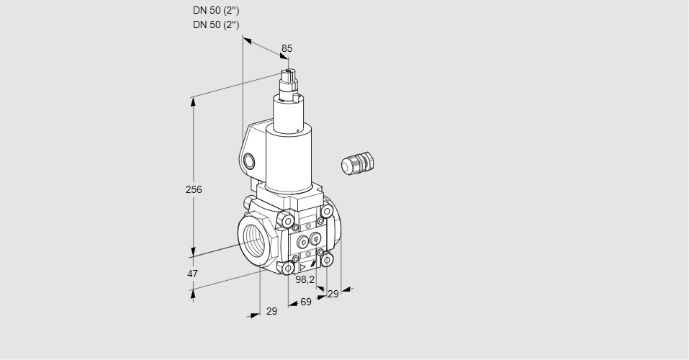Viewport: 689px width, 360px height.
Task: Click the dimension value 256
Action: pyautogui.click(x=193, y=190)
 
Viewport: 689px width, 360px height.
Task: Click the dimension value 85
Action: pyautogui.click(x=287, y=48)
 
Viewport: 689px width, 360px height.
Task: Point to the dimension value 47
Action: pyautogui.click(x=192, y=274)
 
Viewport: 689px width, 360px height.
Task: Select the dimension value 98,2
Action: pyautogui.click(x=306, y=279)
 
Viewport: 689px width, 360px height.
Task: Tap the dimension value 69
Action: pyautogui.click(x=305, y=302)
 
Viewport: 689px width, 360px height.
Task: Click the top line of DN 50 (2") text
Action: pyautogui.click(x=216, y=10)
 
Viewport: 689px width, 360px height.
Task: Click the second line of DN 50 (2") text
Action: pyautogui.click(x=216, y=24)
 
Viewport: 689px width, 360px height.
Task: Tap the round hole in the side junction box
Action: pyautogui.click(x=249, y=160)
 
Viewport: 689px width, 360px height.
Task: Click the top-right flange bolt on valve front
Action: pyautogui.click(x=327, y=211)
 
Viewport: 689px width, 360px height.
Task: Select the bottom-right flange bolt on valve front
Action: pyautogui.click(x=327, y=259)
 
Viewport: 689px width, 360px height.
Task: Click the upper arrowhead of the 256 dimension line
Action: pyautogui.click(x=193, y=102)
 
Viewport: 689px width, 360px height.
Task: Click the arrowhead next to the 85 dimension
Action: pyautogui.click(x=248, y=41)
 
